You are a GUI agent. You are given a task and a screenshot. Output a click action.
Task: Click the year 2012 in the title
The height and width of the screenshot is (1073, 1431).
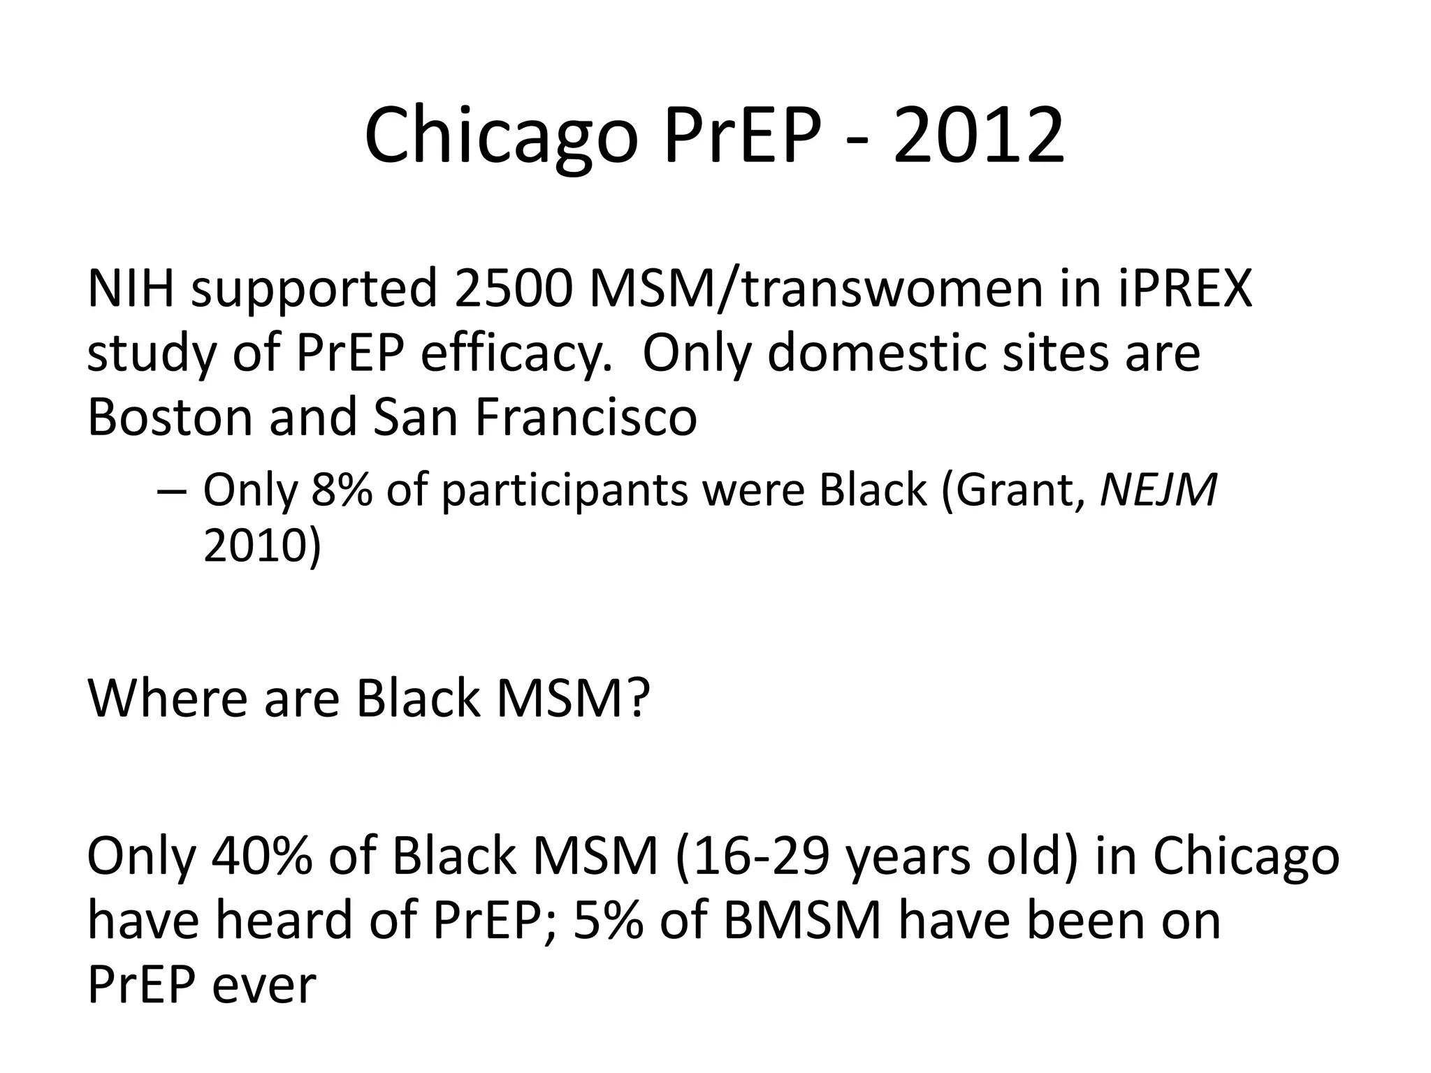[978, 136]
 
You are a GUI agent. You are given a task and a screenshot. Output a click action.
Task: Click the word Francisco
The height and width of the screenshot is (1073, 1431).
[586, 417]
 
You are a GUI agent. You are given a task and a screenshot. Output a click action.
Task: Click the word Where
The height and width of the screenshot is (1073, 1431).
[167, 698]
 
